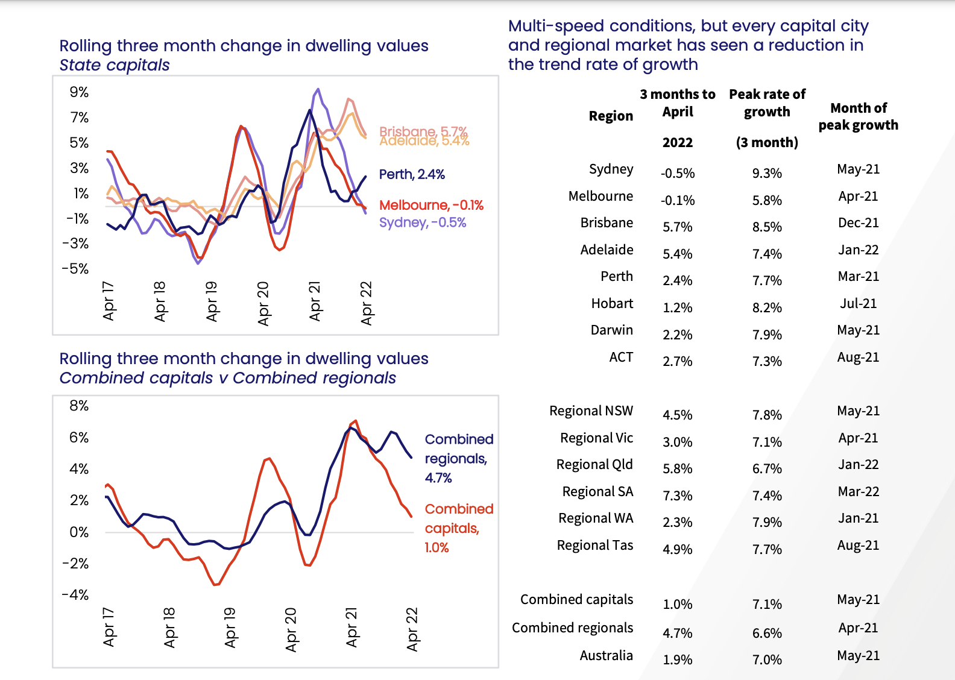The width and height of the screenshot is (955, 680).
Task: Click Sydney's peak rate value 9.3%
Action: click(767, 174)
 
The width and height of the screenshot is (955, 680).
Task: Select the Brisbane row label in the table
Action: click(607, 223)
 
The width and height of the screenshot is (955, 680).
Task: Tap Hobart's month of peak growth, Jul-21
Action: click(858, 304)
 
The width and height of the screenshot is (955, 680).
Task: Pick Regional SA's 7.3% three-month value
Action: click(677, 496)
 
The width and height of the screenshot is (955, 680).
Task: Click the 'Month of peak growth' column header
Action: click(858, 116)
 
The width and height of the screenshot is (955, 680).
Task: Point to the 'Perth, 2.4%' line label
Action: click(412, 175)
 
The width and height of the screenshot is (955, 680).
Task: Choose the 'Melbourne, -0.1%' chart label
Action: click(431, 206)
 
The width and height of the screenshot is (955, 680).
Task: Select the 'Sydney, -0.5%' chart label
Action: click(423, 222)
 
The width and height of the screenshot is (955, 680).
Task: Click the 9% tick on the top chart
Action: click(79, 92)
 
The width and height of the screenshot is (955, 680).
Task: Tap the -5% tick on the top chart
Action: click(75, 269)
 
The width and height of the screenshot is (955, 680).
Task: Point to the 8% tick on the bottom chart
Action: click(79, 406)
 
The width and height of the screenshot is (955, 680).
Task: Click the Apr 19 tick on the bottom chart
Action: click(230, 628)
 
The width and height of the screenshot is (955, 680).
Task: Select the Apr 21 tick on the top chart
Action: click(315, 301)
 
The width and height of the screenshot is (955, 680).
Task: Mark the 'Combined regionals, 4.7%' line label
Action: click(459, 459)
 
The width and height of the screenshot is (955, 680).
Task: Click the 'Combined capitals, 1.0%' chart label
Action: click(459, 528)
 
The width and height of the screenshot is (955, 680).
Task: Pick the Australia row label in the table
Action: click(606, 656)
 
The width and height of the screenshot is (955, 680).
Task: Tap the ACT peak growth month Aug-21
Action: click(858, 357)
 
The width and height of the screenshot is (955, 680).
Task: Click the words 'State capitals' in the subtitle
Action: click(115, 65)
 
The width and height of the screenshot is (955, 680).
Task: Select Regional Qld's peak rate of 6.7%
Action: click(767, 469)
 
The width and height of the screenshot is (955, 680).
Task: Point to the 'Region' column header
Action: click(611, 116)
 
